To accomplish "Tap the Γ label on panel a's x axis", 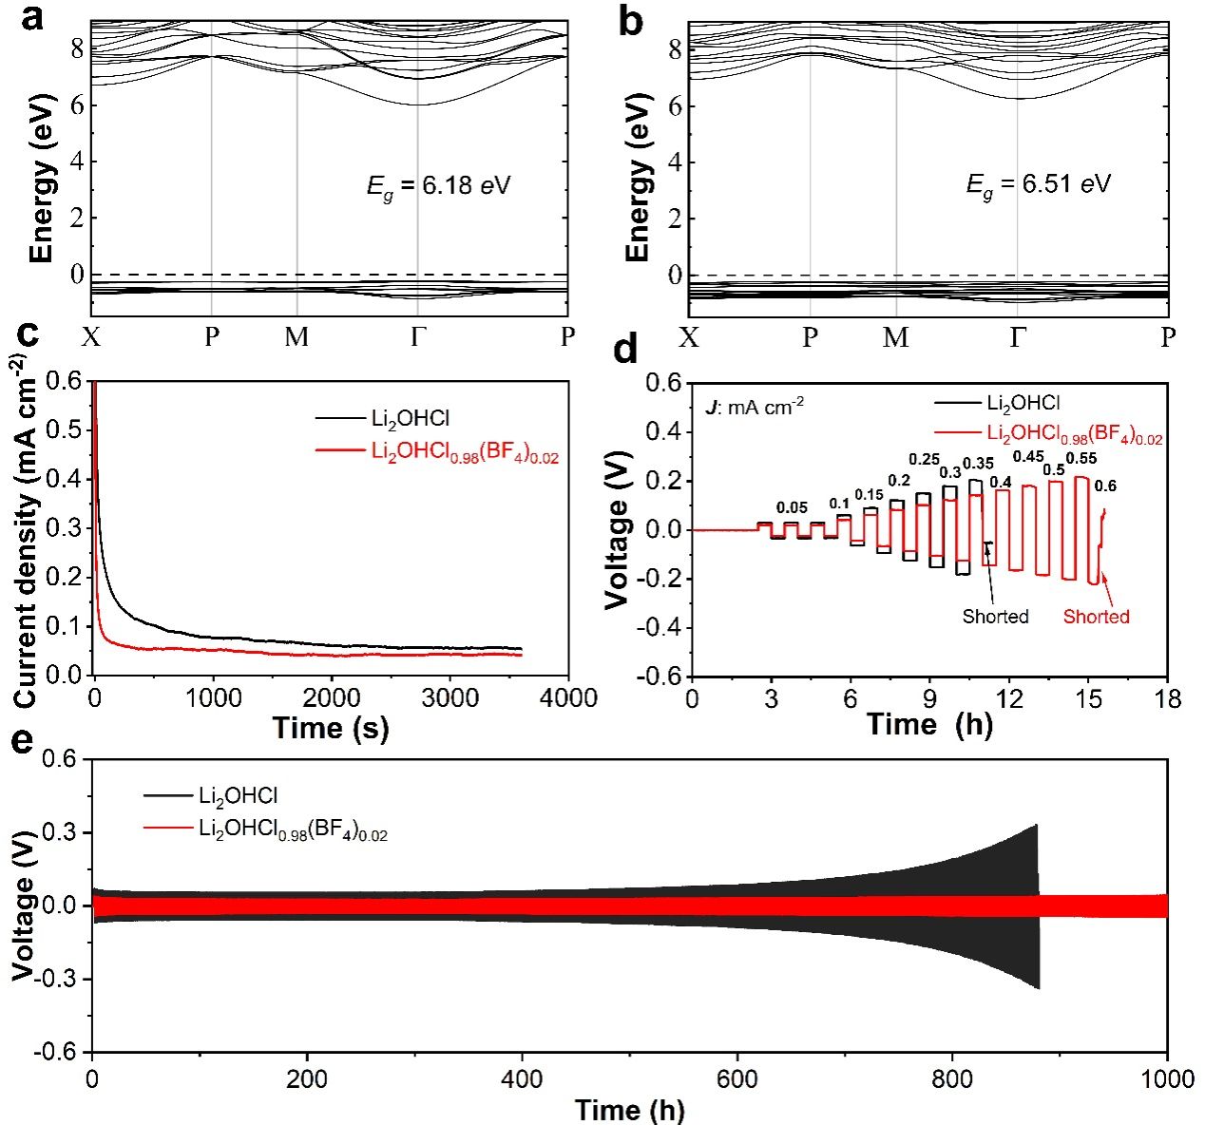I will (418, 337).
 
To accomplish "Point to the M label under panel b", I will (895, 338).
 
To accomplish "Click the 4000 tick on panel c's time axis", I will (568, 698).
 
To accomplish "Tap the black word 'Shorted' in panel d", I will (995, 617).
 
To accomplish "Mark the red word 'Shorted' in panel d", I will (1096, 617).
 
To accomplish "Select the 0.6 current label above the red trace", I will (1105, 486).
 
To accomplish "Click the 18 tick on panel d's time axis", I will (1168, 698).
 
